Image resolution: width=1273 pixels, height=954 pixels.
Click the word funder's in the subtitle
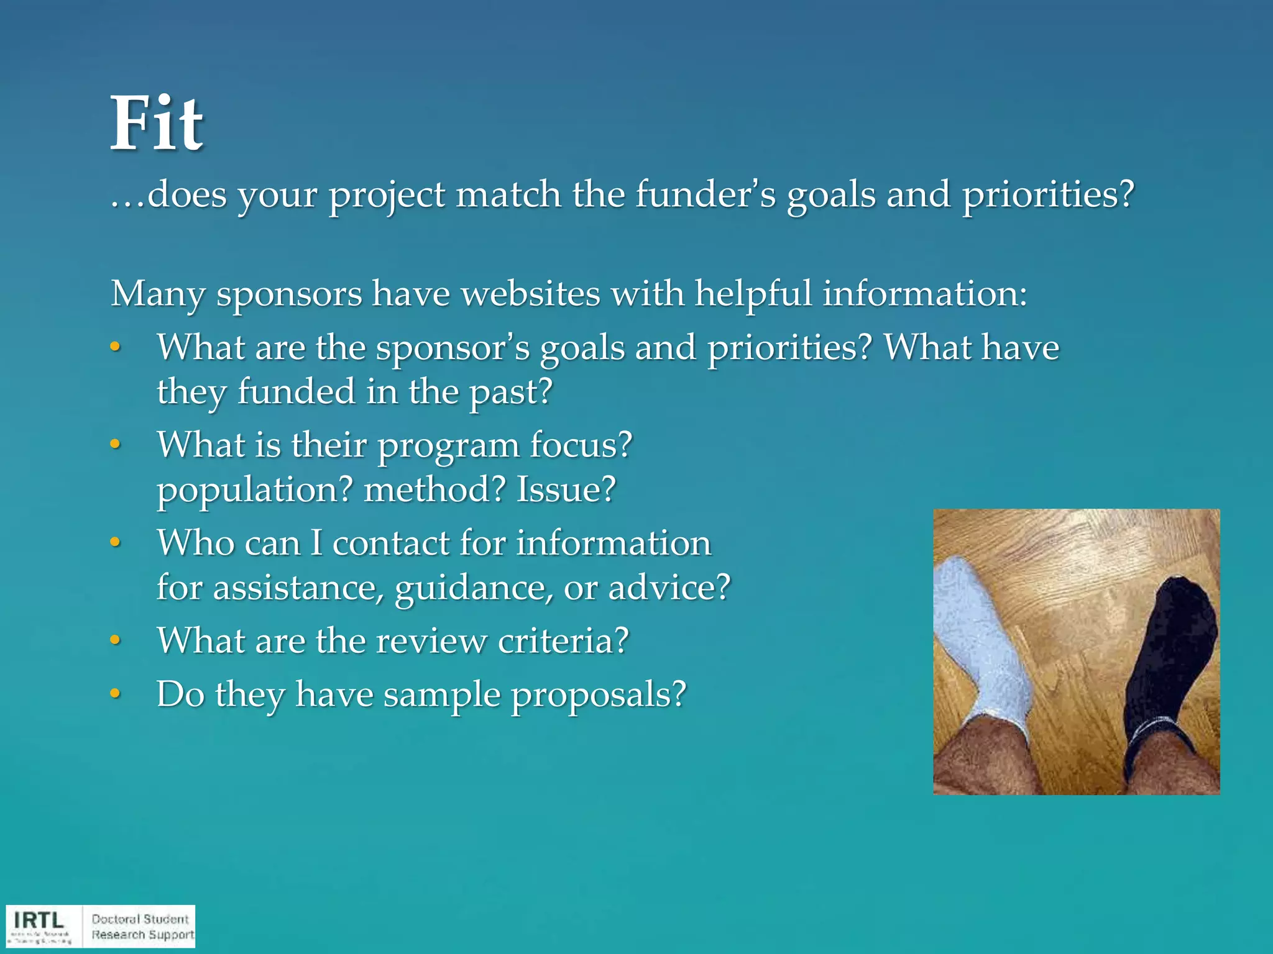pyautogui.click(x=705, y=194)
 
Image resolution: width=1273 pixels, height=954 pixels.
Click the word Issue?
pyautogui.click(x=566, y=489)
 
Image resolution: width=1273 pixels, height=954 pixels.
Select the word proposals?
pyautogui.click(x=598, y=694)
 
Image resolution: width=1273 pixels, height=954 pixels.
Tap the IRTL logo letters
pyautogui.click(x=39, y=920)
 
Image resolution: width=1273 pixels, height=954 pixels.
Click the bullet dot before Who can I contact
pyautogui.click(x=115, y=543)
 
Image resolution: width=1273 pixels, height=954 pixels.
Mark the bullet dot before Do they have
pyautogui.click(x=115, y=694)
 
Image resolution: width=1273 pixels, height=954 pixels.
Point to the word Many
pyautogui.click(x=157, y=293)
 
